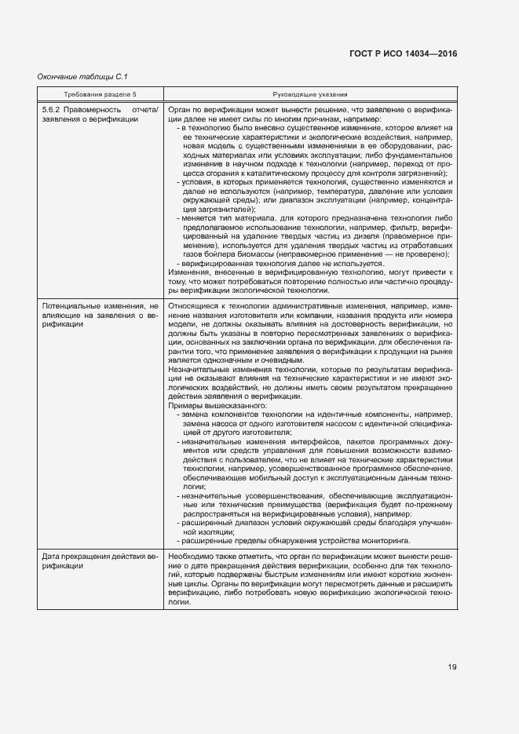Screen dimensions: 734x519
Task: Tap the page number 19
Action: tap(453, 667)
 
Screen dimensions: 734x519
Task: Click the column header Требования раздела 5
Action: tap(100, 94)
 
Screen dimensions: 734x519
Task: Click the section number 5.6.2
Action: tap(52, 110)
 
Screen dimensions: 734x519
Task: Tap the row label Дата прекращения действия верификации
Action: tap(100, 561)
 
